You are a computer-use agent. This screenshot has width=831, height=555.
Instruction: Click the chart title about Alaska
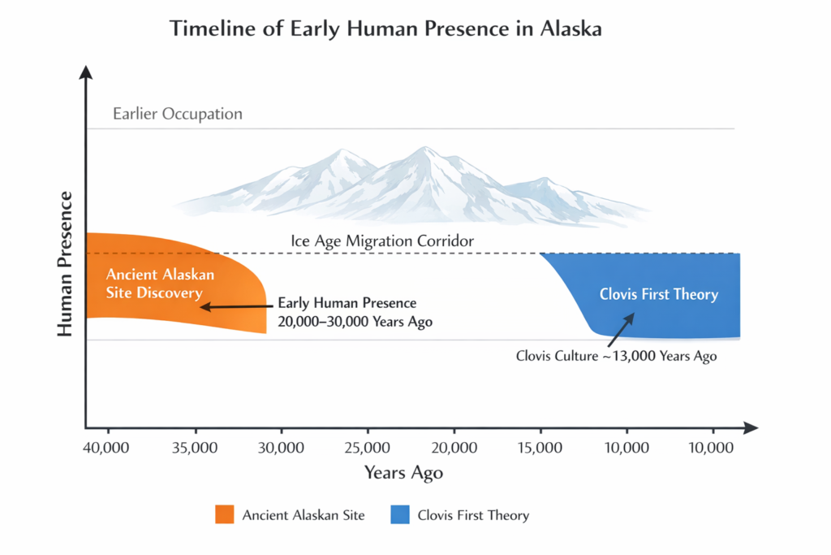coord(385,28)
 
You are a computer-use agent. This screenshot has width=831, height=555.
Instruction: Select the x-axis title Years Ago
coord(403,473)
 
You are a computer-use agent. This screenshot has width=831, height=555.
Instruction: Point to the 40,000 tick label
coord(108,447)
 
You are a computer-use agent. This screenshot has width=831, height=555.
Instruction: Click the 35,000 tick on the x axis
coord(195,447)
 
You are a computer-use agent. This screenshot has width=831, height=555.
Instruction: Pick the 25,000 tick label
coord(368,447)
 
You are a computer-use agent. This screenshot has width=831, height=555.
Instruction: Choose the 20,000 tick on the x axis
coord(454,447)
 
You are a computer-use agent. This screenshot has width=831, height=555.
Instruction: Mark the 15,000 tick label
coord(540,447)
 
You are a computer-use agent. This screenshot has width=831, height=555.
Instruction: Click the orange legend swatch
coord(224,514)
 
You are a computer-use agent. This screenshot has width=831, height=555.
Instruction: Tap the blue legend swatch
coord(399,514)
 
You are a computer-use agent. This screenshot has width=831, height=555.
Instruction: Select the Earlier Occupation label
coord(178,114)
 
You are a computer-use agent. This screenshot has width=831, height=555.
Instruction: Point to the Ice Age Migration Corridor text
coord(382,241)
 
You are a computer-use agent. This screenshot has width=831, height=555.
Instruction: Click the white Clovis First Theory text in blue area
coord(658,294)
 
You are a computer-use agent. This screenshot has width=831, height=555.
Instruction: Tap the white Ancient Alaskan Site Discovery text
coord(154,284)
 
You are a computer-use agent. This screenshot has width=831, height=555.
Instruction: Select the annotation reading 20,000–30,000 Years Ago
coord(355,322)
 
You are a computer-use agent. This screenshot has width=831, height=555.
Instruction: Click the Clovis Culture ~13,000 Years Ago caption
coord(616,356)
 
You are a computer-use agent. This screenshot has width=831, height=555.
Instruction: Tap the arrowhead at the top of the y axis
coord(85,72)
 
